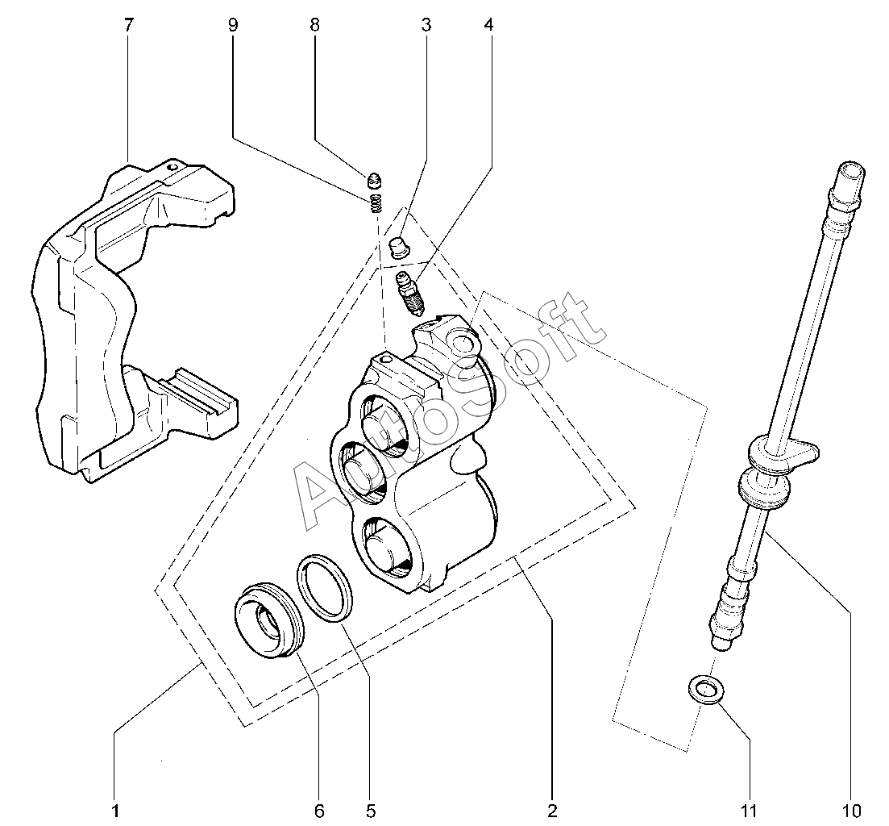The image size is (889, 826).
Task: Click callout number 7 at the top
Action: tap(129, 25)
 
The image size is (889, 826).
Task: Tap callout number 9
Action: tap(233, 25)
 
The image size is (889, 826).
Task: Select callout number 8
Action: tap(314, 25)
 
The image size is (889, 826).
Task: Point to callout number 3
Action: tap(426, 25)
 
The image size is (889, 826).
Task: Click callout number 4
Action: tap(488, 25)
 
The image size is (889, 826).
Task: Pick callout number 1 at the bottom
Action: tap(115, 811)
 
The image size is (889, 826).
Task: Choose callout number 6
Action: tap(319, 811)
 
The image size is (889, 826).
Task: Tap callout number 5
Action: tap(370, 811)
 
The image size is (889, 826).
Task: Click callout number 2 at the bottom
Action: tap(552, 811)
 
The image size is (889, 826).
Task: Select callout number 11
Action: tap(750, 811)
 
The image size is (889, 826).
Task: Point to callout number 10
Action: tap(852, 811)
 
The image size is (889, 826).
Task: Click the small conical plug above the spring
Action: tap(374, 181)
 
